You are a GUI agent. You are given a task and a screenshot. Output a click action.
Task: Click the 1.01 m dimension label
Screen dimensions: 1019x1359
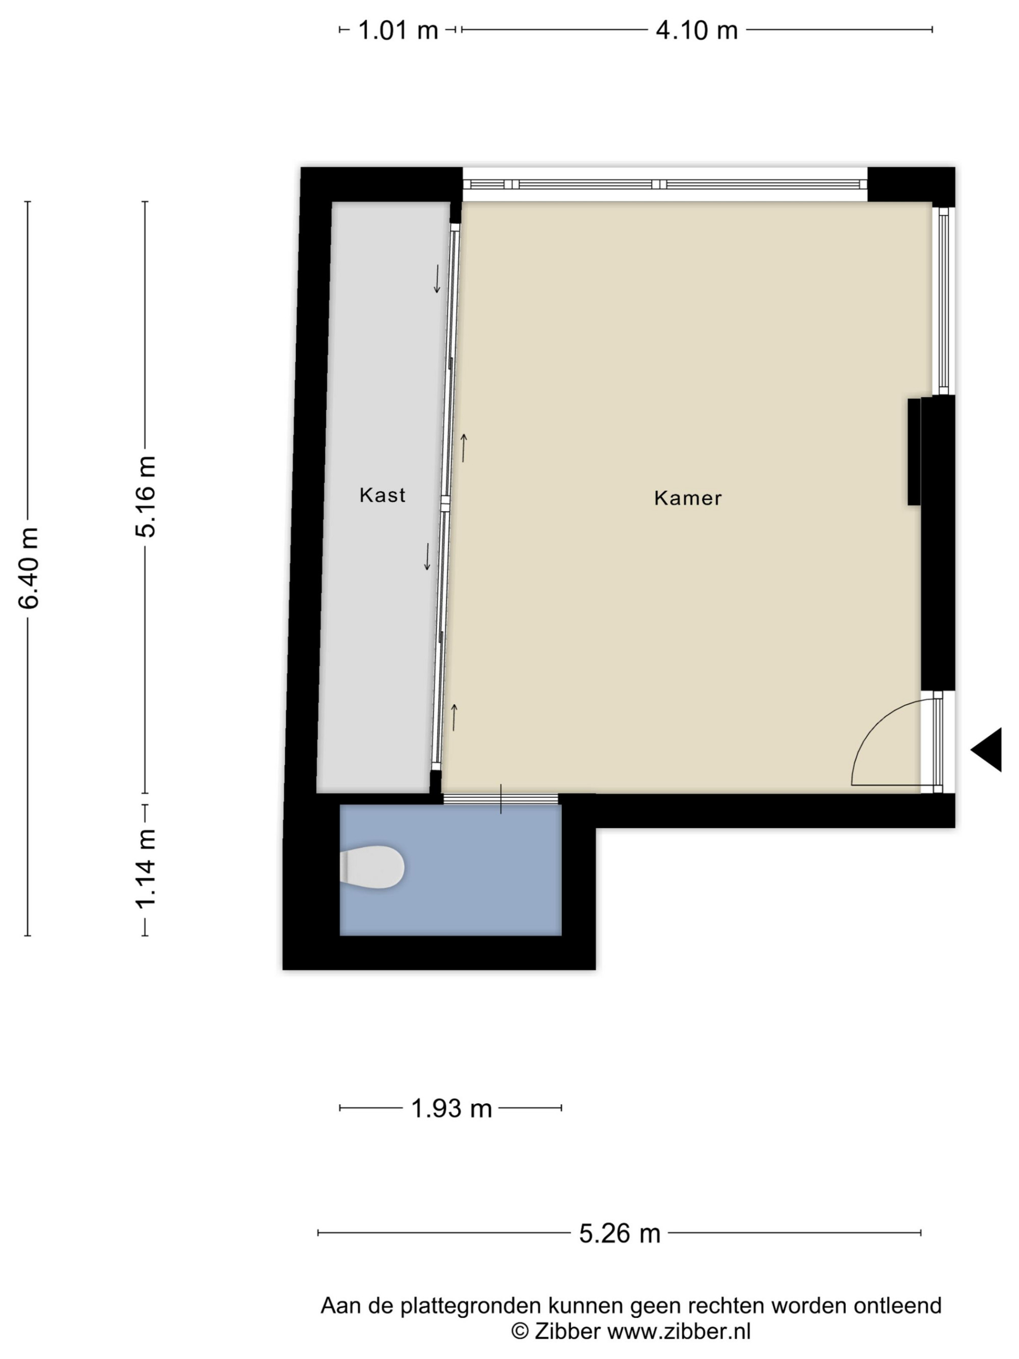coord(397,30)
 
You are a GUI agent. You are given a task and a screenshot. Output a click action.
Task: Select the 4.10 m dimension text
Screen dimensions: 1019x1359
coord(696,30)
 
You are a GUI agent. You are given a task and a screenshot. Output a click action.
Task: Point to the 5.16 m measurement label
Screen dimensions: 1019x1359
coord(146,496)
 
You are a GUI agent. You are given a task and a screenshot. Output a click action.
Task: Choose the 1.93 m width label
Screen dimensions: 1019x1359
coord(451,1108)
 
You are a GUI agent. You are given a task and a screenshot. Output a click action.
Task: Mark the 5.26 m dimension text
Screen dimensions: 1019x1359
coord(620,1233)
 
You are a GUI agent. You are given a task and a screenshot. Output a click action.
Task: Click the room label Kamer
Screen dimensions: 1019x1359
coord(688,498)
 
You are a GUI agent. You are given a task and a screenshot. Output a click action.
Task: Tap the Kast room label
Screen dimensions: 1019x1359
coord(382,495)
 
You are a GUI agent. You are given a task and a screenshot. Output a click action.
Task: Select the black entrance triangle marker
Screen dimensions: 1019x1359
coord(986,750)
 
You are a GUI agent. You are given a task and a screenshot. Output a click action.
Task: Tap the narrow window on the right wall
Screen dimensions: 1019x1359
coord(944,301)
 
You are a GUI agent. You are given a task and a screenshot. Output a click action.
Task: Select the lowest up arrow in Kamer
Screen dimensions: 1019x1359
coord(454,717)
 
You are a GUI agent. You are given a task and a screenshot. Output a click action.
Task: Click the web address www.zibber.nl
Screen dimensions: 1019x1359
coord(679,1331)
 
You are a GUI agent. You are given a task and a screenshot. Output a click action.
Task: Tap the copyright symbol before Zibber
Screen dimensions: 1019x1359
coord(520,1332)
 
